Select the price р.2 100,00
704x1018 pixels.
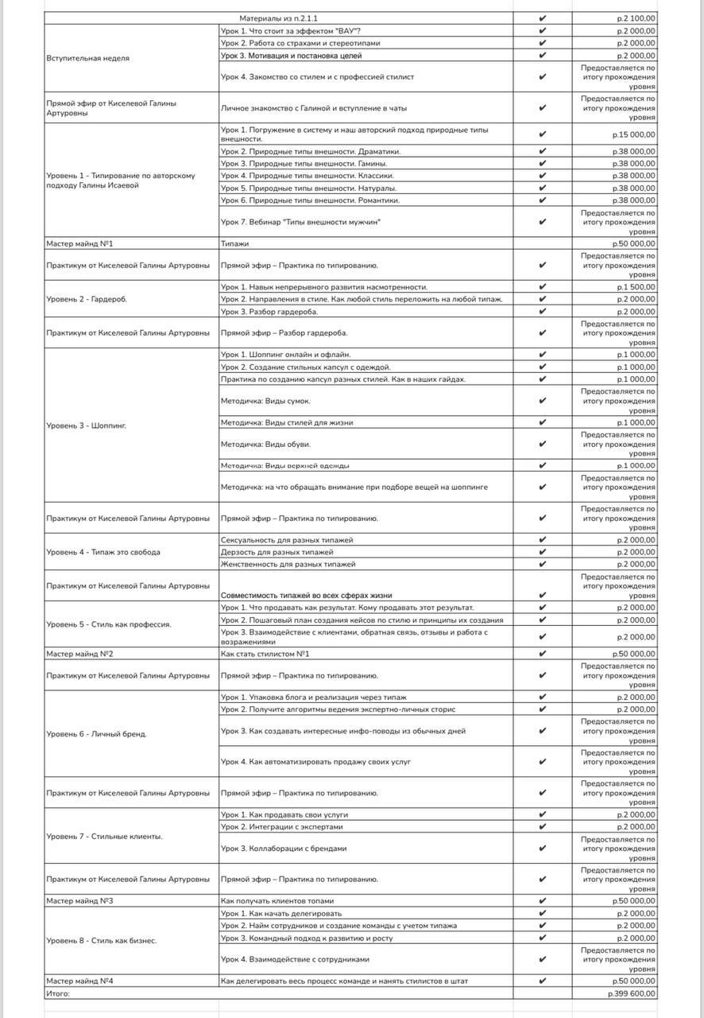coord(636,18)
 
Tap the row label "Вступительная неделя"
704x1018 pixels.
coord(88,58)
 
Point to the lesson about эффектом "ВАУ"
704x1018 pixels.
coord(291,31)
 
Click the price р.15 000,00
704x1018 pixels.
coord(634,134)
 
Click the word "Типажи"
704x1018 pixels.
coord(235,243)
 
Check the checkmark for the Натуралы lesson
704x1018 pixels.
coord(542,188)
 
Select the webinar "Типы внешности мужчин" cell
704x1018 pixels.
coord(301,222)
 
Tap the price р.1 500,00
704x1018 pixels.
coord(636,287)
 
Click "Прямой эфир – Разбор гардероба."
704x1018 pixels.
coord(284,332)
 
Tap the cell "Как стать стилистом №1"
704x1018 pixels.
coord(265,654)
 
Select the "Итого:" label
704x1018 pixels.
coord(58,993)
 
